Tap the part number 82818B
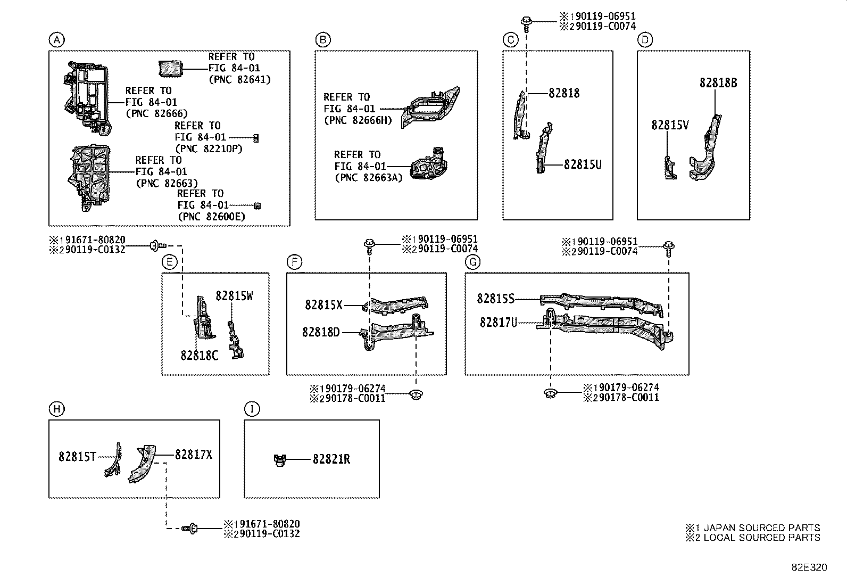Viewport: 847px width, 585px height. (x=718, y=83)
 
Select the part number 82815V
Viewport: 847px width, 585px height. (x=670, y=125)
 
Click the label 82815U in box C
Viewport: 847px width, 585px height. (x=583, y=164)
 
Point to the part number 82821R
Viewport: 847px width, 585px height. (x=331, y=459)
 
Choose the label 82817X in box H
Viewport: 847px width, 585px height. (x=194, y=455)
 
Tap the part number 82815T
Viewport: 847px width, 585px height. (x=77, y=457)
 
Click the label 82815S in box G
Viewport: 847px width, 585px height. (x=495, y=299)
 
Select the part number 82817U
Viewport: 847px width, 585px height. (x=498, y=323)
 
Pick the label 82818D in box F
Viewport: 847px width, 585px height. (x=321, y=332)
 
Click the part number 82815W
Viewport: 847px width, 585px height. (x=234, y=296)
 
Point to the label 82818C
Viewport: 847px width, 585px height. (x=199, y=356)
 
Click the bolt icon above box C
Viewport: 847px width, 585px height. (x=526, y=21)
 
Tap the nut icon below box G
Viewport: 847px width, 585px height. (x=550, y=394)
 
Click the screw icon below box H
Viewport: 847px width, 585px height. (x=190, y=528)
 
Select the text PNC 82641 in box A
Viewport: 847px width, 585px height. (x=239, y=80)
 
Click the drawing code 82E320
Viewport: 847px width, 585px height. (x=809, y=568)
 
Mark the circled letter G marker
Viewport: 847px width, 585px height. (x=472, y=262)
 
